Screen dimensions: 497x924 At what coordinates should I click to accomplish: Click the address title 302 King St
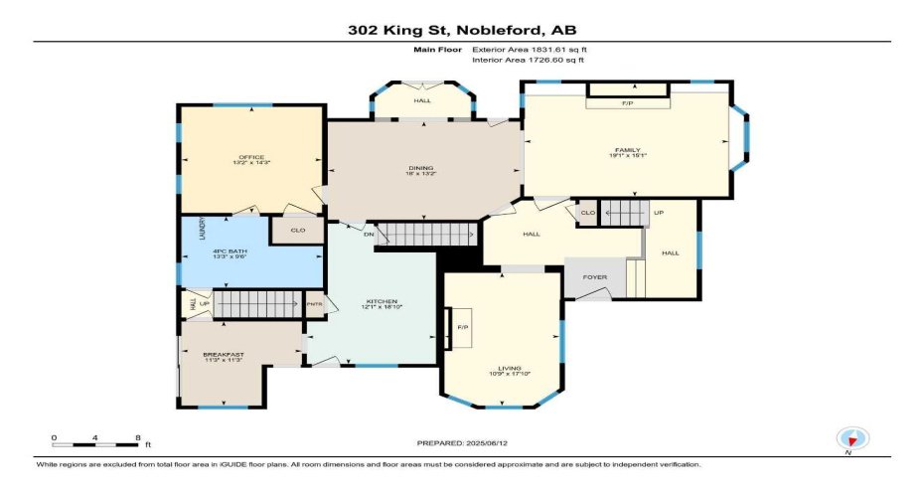(462, 30)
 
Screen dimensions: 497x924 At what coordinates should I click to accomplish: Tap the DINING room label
(421, 170)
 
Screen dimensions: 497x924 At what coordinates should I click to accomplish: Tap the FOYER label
(594, 278)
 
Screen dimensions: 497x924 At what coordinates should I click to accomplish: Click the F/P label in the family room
(628, 103)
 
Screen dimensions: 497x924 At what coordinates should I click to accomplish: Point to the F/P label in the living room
(462, 327)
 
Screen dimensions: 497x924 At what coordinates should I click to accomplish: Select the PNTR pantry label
(314, 304)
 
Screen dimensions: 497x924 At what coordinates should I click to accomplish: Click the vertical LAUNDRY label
(202, 230)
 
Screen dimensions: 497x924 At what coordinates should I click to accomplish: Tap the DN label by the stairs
(368, 236)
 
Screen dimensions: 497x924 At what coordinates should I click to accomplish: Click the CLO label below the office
(296, 230)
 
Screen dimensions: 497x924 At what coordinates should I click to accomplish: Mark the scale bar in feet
(96, 438)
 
